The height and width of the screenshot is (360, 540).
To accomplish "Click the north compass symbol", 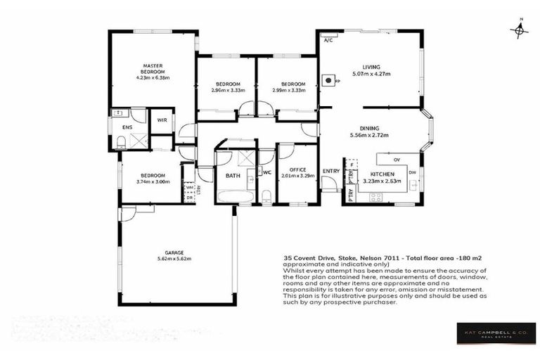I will click(x=519, y=30).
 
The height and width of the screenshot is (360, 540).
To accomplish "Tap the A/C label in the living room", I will click(x=328, y=41).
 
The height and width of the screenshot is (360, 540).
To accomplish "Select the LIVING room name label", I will click(x=371, y=66).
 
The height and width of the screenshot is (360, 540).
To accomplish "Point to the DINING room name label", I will click(x=369, y=128).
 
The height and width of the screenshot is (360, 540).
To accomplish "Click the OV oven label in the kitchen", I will click(x=397, y=159).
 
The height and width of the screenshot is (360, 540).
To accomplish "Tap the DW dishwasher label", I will click(x=413, y=173).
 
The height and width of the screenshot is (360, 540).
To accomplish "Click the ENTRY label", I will click(x=330, y=171).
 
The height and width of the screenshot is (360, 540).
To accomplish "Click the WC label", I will click(x=268, y=172).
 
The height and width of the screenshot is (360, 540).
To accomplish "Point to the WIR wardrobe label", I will click(x=162, y=120).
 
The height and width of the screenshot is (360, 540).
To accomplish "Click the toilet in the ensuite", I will click(x=121, y=141).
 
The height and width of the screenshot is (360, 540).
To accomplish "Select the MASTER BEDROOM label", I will click(x=153, y=69).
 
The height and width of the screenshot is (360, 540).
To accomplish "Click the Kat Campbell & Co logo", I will click(x=496, y=333).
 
